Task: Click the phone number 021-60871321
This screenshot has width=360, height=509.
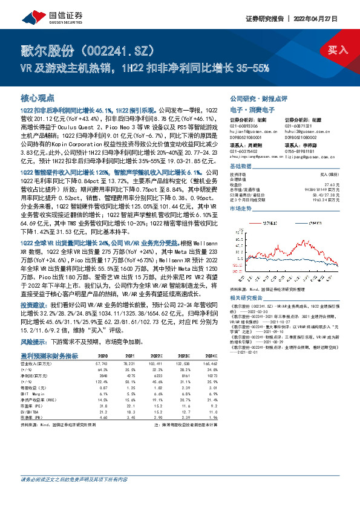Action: (297, 125)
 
